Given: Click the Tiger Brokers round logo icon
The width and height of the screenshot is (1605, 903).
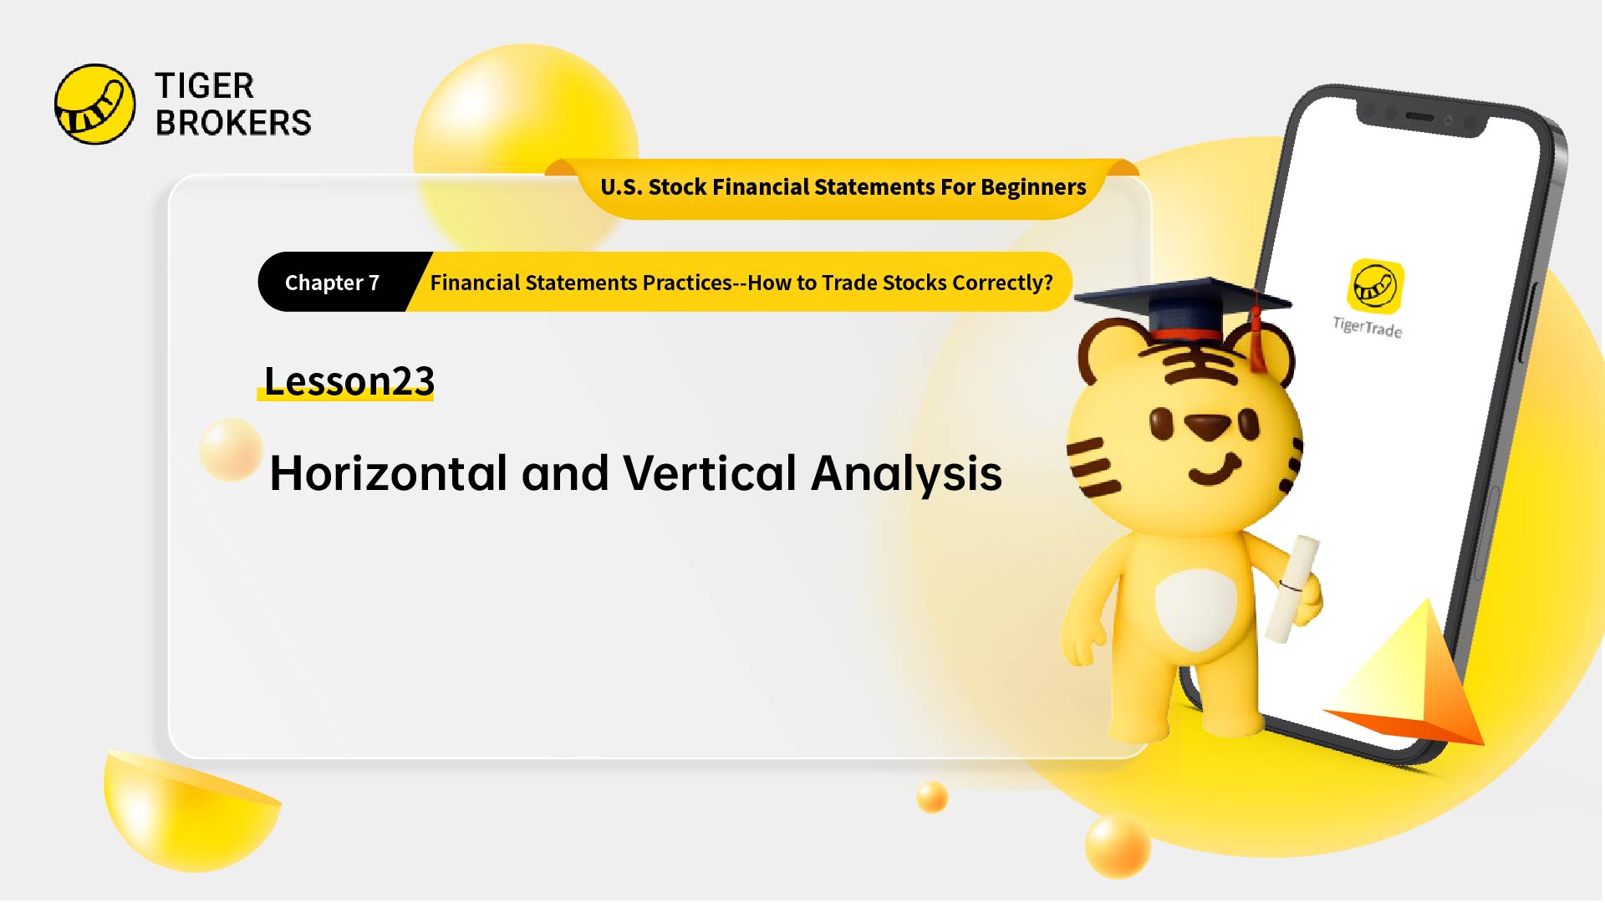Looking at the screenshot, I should point(94,105).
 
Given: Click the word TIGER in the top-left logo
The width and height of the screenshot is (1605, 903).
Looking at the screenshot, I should point(204,86).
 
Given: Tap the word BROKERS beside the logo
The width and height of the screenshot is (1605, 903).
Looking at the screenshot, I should point(233,123).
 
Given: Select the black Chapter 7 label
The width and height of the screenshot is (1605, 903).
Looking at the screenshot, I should point(333,283).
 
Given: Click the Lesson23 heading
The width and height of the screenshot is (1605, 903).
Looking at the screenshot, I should point(349,381).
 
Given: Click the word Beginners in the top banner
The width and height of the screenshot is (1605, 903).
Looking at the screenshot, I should point(1033,187).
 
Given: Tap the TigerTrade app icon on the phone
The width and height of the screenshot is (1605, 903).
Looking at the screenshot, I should point(1375,286).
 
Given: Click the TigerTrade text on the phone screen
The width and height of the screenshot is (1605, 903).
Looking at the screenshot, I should point(1368,327).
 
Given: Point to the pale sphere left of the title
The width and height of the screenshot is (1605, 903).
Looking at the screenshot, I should point(231,450).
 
